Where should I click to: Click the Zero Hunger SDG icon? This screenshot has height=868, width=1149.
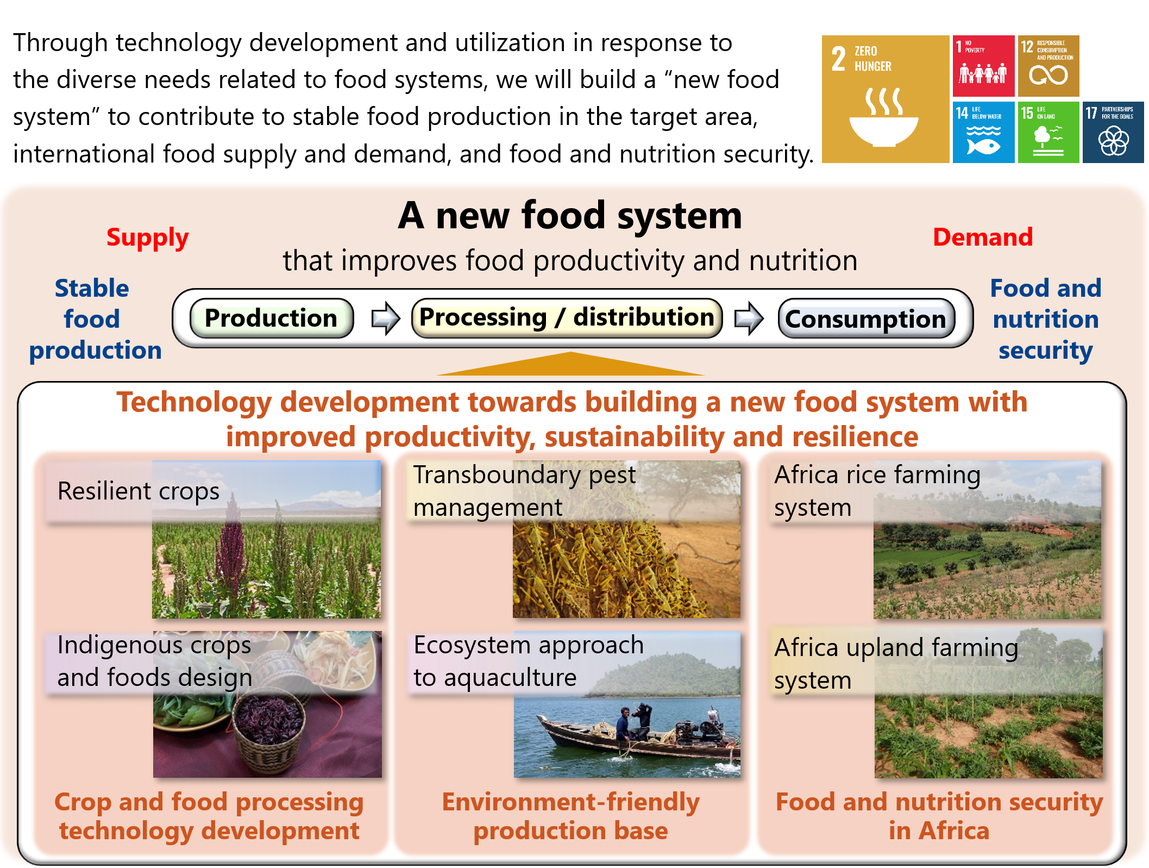885,99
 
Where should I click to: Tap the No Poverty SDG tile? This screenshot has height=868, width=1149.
983,66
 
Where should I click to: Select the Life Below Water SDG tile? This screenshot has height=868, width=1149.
983,132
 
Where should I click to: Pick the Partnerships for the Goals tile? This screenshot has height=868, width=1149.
1113,132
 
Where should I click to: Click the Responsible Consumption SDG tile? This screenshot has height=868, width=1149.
1048,66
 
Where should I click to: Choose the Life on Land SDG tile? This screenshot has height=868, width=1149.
1048,132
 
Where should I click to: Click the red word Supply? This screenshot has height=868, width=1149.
147,238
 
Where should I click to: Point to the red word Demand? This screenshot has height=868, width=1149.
983,237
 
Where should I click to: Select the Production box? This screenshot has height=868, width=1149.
272,318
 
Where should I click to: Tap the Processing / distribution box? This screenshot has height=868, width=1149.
567,317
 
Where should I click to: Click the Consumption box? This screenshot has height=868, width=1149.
866,319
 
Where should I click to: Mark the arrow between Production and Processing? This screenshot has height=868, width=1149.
385,318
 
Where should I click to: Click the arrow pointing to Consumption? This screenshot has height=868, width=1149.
749,318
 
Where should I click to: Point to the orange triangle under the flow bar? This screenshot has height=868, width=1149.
570,366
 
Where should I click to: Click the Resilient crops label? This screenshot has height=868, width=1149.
139,491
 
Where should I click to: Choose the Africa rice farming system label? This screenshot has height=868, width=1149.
877,491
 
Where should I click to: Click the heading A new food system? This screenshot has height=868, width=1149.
570,216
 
